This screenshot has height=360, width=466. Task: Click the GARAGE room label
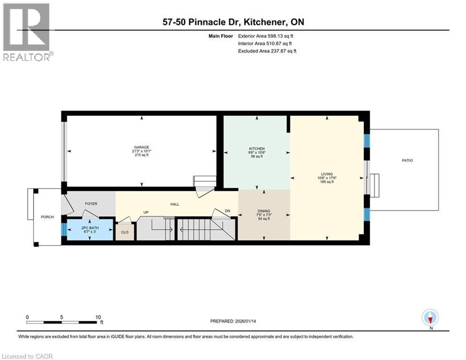click(141, 147)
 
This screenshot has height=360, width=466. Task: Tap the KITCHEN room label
click(256, 149)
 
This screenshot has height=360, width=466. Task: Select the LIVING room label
click(326, 174)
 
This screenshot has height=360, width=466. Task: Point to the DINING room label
click(264, 211)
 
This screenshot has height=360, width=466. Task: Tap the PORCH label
click(47, 217)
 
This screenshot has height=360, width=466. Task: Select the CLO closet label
click(125, 232)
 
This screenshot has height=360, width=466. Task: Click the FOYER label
click(90, 204)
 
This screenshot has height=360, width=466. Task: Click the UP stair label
click(146, 212)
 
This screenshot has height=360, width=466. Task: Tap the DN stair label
click(228, 211)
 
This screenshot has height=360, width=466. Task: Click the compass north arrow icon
click(430, 317)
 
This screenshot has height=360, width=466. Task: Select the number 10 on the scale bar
click(98, 317)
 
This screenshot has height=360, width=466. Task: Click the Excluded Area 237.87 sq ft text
click(267, 51)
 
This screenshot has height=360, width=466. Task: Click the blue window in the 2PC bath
click(64, 229)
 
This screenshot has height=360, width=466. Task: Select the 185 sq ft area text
click(326, 182)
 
